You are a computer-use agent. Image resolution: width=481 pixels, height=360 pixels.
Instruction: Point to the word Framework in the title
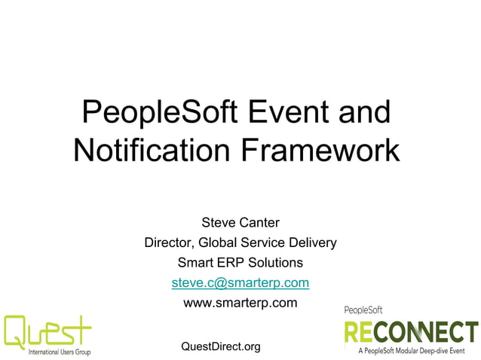320,151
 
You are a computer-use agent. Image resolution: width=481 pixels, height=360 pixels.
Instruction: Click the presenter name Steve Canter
240,222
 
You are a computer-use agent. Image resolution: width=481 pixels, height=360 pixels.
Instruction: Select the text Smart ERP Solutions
240,263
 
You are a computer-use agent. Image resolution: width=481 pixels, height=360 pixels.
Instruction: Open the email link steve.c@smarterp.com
240,283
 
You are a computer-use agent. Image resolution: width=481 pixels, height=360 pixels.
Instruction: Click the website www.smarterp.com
240,304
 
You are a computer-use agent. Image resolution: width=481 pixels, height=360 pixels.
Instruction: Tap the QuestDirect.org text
221,346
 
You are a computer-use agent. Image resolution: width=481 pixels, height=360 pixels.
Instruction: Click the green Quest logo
47,331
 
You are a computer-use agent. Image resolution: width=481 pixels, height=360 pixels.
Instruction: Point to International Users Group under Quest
60,352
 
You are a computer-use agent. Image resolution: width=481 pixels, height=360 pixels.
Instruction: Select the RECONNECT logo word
411,332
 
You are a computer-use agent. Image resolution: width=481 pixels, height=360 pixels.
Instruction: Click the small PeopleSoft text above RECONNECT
363,310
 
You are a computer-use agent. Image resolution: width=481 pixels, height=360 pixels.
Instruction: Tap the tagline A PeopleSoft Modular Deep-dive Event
417,351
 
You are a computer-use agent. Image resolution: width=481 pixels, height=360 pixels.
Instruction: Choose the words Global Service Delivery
268,243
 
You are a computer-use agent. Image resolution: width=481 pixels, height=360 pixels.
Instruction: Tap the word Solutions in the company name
276,263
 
